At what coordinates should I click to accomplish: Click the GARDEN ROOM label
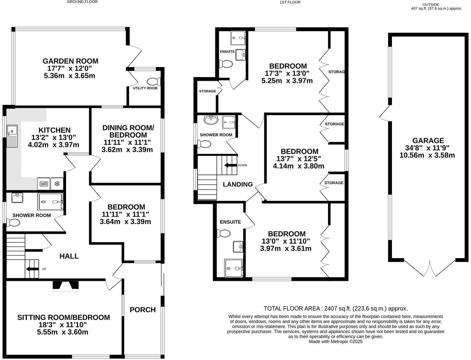pyautogui.click(x=70, y=61)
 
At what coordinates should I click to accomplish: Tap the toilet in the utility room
pyautogui.click(x=154, y=82)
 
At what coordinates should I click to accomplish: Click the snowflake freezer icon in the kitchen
pyautogui.click(x=57, y=184)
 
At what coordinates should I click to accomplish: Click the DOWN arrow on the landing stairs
pyautogui.click(x=231, y=165)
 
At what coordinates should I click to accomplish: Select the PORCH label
pyautogui.click(x=143, y=310)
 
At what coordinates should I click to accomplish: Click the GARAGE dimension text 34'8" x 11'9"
pyautogui.click(x=428, y=148)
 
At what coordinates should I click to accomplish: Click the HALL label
pyautogui.click(x=69, y=256)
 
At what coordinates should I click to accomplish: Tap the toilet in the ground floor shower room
pyautogui.click(x=13, y=223)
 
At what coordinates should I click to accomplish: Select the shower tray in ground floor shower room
pyautogui.click(x=50, y=202)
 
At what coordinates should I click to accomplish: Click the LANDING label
pyautogui.click(x=238, y=184)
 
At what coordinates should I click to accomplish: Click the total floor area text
pyautogui.click(x=335, y=308)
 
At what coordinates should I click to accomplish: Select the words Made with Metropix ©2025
pyautogui.click(x=335, y=342)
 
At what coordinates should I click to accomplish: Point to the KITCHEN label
pyautogui.click(x=54, y=130)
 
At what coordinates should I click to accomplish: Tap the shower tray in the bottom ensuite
pyautogui.click(x=234, y=268)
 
